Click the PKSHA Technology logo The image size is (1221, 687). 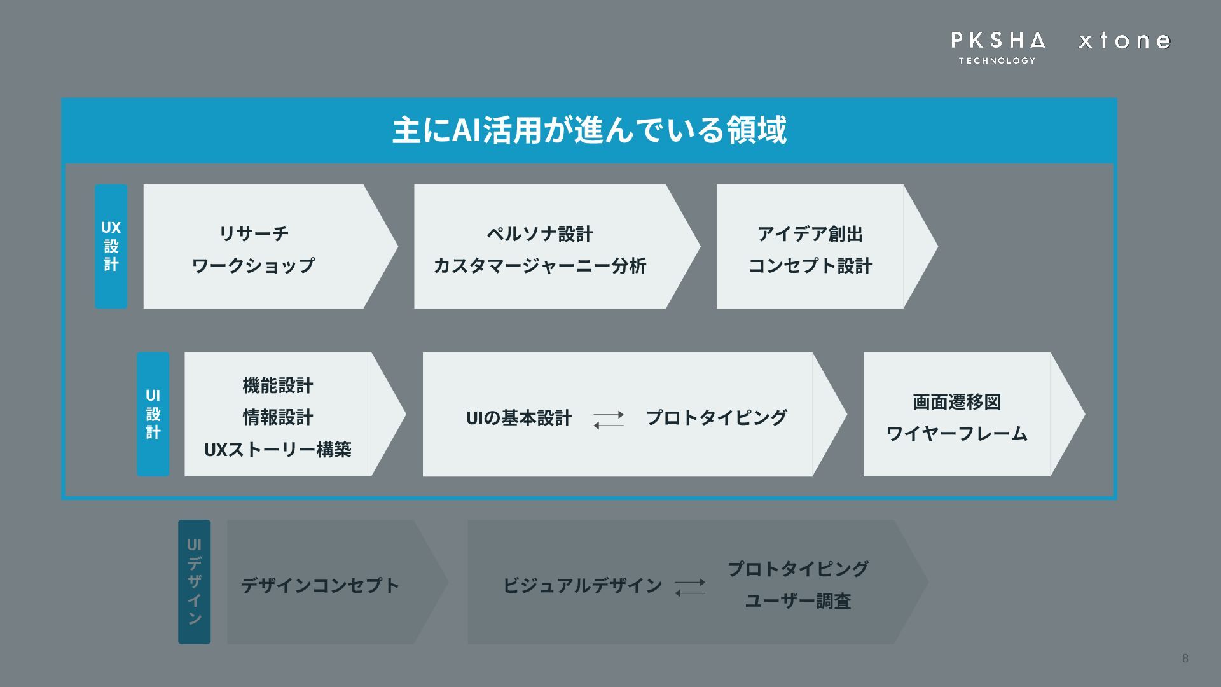[x=997, y=47]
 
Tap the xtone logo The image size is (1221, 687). [x=1124, y=41]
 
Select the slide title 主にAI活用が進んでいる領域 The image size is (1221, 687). [x=589, y=130]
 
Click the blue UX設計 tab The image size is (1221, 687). [x=111, y=246]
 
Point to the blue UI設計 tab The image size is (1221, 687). [x=153, y=414]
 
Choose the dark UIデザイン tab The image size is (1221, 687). [x=194, y=581]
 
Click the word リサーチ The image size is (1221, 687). [x=254, y=233]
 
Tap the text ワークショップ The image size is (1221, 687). [x=253, y=265]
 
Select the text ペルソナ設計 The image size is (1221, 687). [x=539, y=233]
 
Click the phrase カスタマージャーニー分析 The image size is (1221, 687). [x=539, y=265]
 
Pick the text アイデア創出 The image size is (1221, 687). [x=810, y=233]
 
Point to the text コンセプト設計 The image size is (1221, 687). [x=810, y=265]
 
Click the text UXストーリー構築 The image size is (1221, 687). [x=277, y=450]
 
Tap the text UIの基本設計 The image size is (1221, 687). [x=519, y=418]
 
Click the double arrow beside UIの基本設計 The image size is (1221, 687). [x=609, y=419]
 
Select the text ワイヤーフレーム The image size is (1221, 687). [x=956, y=434]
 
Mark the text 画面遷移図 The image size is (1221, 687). [x=956, y=402]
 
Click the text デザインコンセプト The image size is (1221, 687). [x=320, y=585]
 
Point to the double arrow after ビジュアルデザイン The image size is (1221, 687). [x=690, y=586]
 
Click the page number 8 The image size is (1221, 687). [x=1185, y=658]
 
